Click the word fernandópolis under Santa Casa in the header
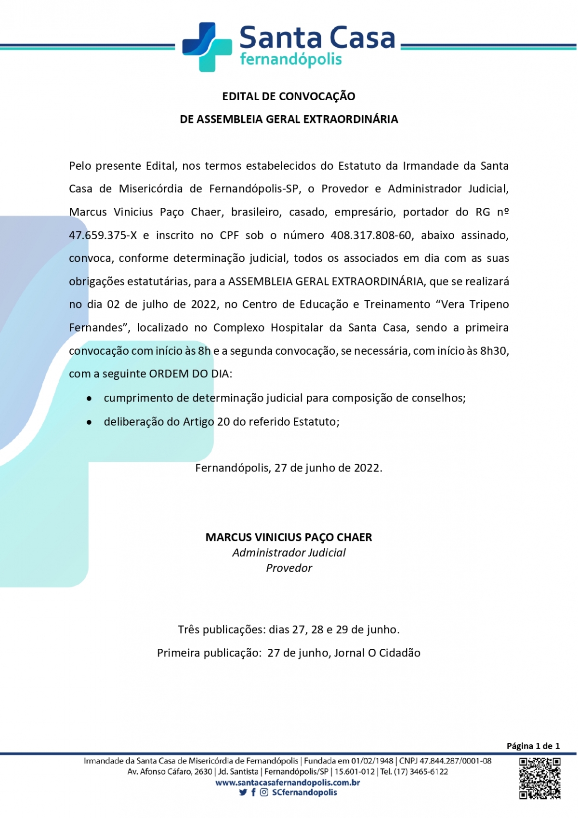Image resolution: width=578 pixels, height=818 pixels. pos(290,60)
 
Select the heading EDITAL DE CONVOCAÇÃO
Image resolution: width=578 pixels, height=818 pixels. pos(289,96)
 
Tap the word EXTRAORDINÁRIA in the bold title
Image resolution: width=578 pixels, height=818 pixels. pos(351,120)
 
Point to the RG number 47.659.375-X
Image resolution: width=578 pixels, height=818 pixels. pos(103,235)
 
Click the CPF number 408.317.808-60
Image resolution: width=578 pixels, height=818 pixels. pos(371,235)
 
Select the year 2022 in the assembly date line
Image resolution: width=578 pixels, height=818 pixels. pos(204,305)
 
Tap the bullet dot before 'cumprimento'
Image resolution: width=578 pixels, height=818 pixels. pos(89,399)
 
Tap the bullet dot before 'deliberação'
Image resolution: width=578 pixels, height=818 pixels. pos(89,422)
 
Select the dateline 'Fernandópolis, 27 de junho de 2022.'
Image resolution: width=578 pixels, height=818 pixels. pos(289,468)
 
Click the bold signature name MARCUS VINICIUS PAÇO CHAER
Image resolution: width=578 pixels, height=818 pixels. pos(289,537)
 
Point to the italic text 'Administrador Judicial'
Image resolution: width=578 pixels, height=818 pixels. pos(289,553)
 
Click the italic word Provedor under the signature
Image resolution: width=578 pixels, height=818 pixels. pos(289,568)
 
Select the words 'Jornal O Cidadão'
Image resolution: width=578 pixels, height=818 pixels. pos(377,653)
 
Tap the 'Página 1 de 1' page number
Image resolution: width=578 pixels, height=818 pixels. pos(533,746)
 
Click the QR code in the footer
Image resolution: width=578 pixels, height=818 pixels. pos(539,778)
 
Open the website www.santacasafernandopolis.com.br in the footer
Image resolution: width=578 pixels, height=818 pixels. pos(288,782)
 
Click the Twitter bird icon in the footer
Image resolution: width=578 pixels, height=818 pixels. pos(243,792)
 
